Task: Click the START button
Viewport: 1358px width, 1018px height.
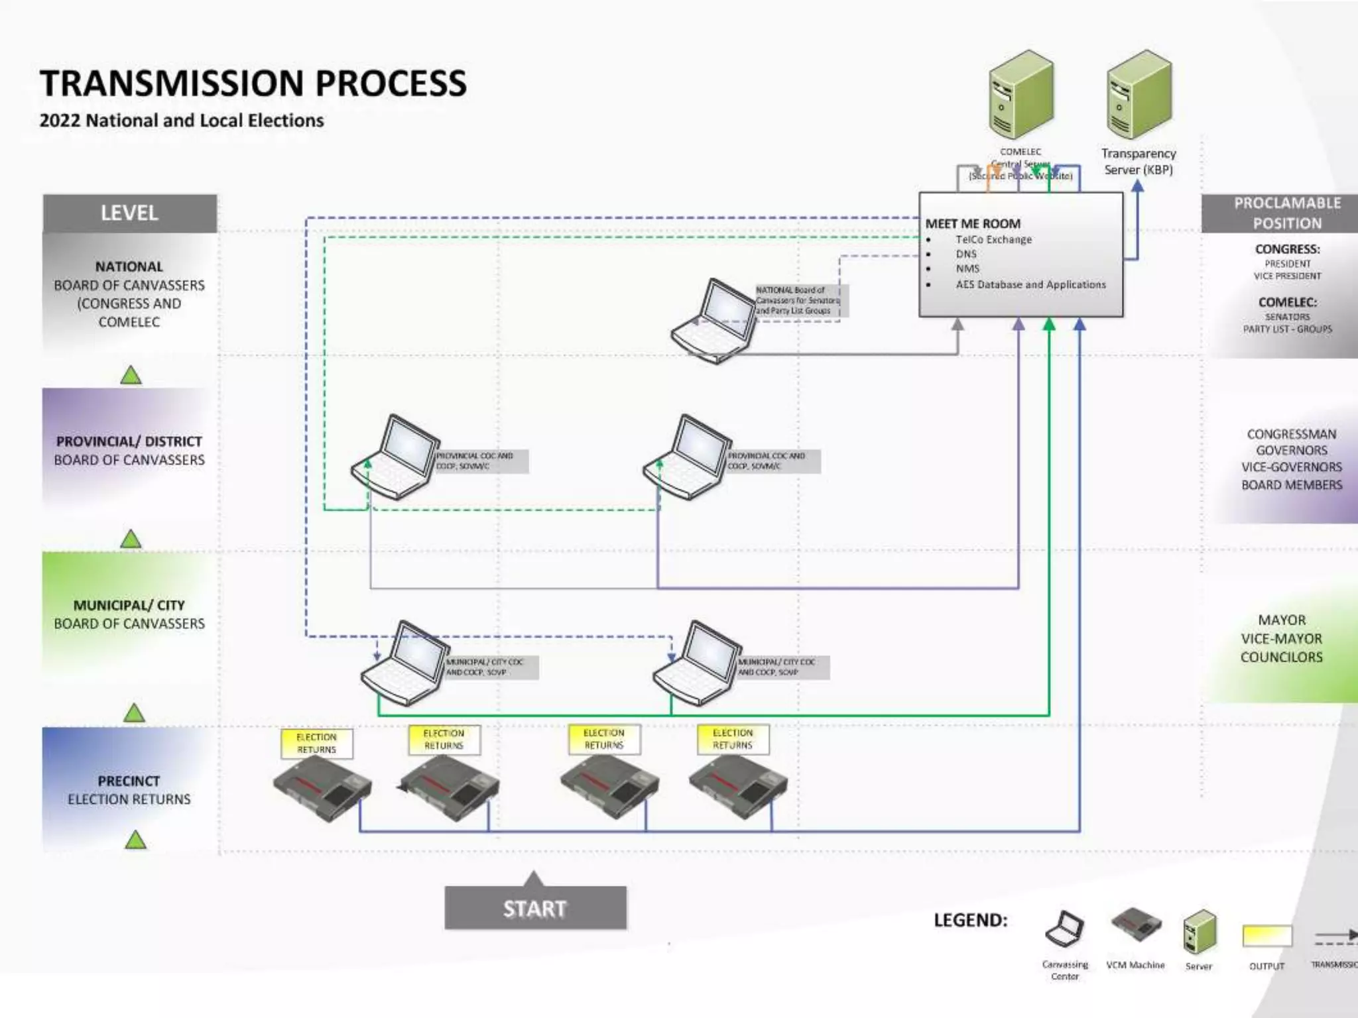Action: click(x=535, y=907)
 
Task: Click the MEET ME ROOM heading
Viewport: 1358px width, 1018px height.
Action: click(x=973, y=224)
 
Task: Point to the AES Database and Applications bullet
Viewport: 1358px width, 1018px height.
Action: click(x=1030, y=284)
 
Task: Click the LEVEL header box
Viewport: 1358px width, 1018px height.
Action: click(x=130, y=213)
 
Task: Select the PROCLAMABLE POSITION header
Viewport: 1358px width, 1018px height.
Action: click(x=1286, y=213)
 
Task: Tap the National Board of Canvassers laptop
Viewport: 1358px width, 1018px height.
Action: click(x=715, y=321)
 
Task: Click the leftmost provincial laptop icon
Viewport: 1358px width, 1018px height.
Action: click(x=396, y=457)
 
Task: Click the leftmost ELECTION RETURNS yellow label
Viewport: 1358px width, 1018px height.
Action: click(x=316, y=743)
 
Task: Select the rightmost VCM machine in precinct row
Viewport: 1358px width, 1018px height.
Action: click(x=738, y=787)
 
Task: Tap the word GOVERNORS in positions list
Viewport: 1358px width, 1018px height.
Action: click(x=1291, y=451)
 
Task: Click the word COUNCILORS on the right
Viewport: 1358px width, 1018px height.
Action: click(x=1281, y=657)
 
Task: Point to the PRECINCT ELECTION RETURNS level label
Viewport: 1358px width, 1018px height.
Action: click(x=129, y=790)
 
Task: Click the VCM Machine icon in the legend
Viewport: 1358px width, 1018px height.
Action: click(x=1136, y=925)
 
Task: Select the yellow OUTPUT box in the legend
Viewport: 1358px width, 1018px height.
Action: click(x=1267, y=936)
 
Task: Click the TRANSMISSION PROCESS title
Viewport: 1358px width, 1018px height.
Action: click(x=253, y=84)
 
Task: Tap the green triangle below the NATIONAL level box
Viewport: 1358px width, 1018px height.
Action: click(x=131, y=376)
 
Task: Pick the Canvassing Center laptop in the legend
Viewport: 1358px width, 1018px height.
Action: click(x=1064, y=929)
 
